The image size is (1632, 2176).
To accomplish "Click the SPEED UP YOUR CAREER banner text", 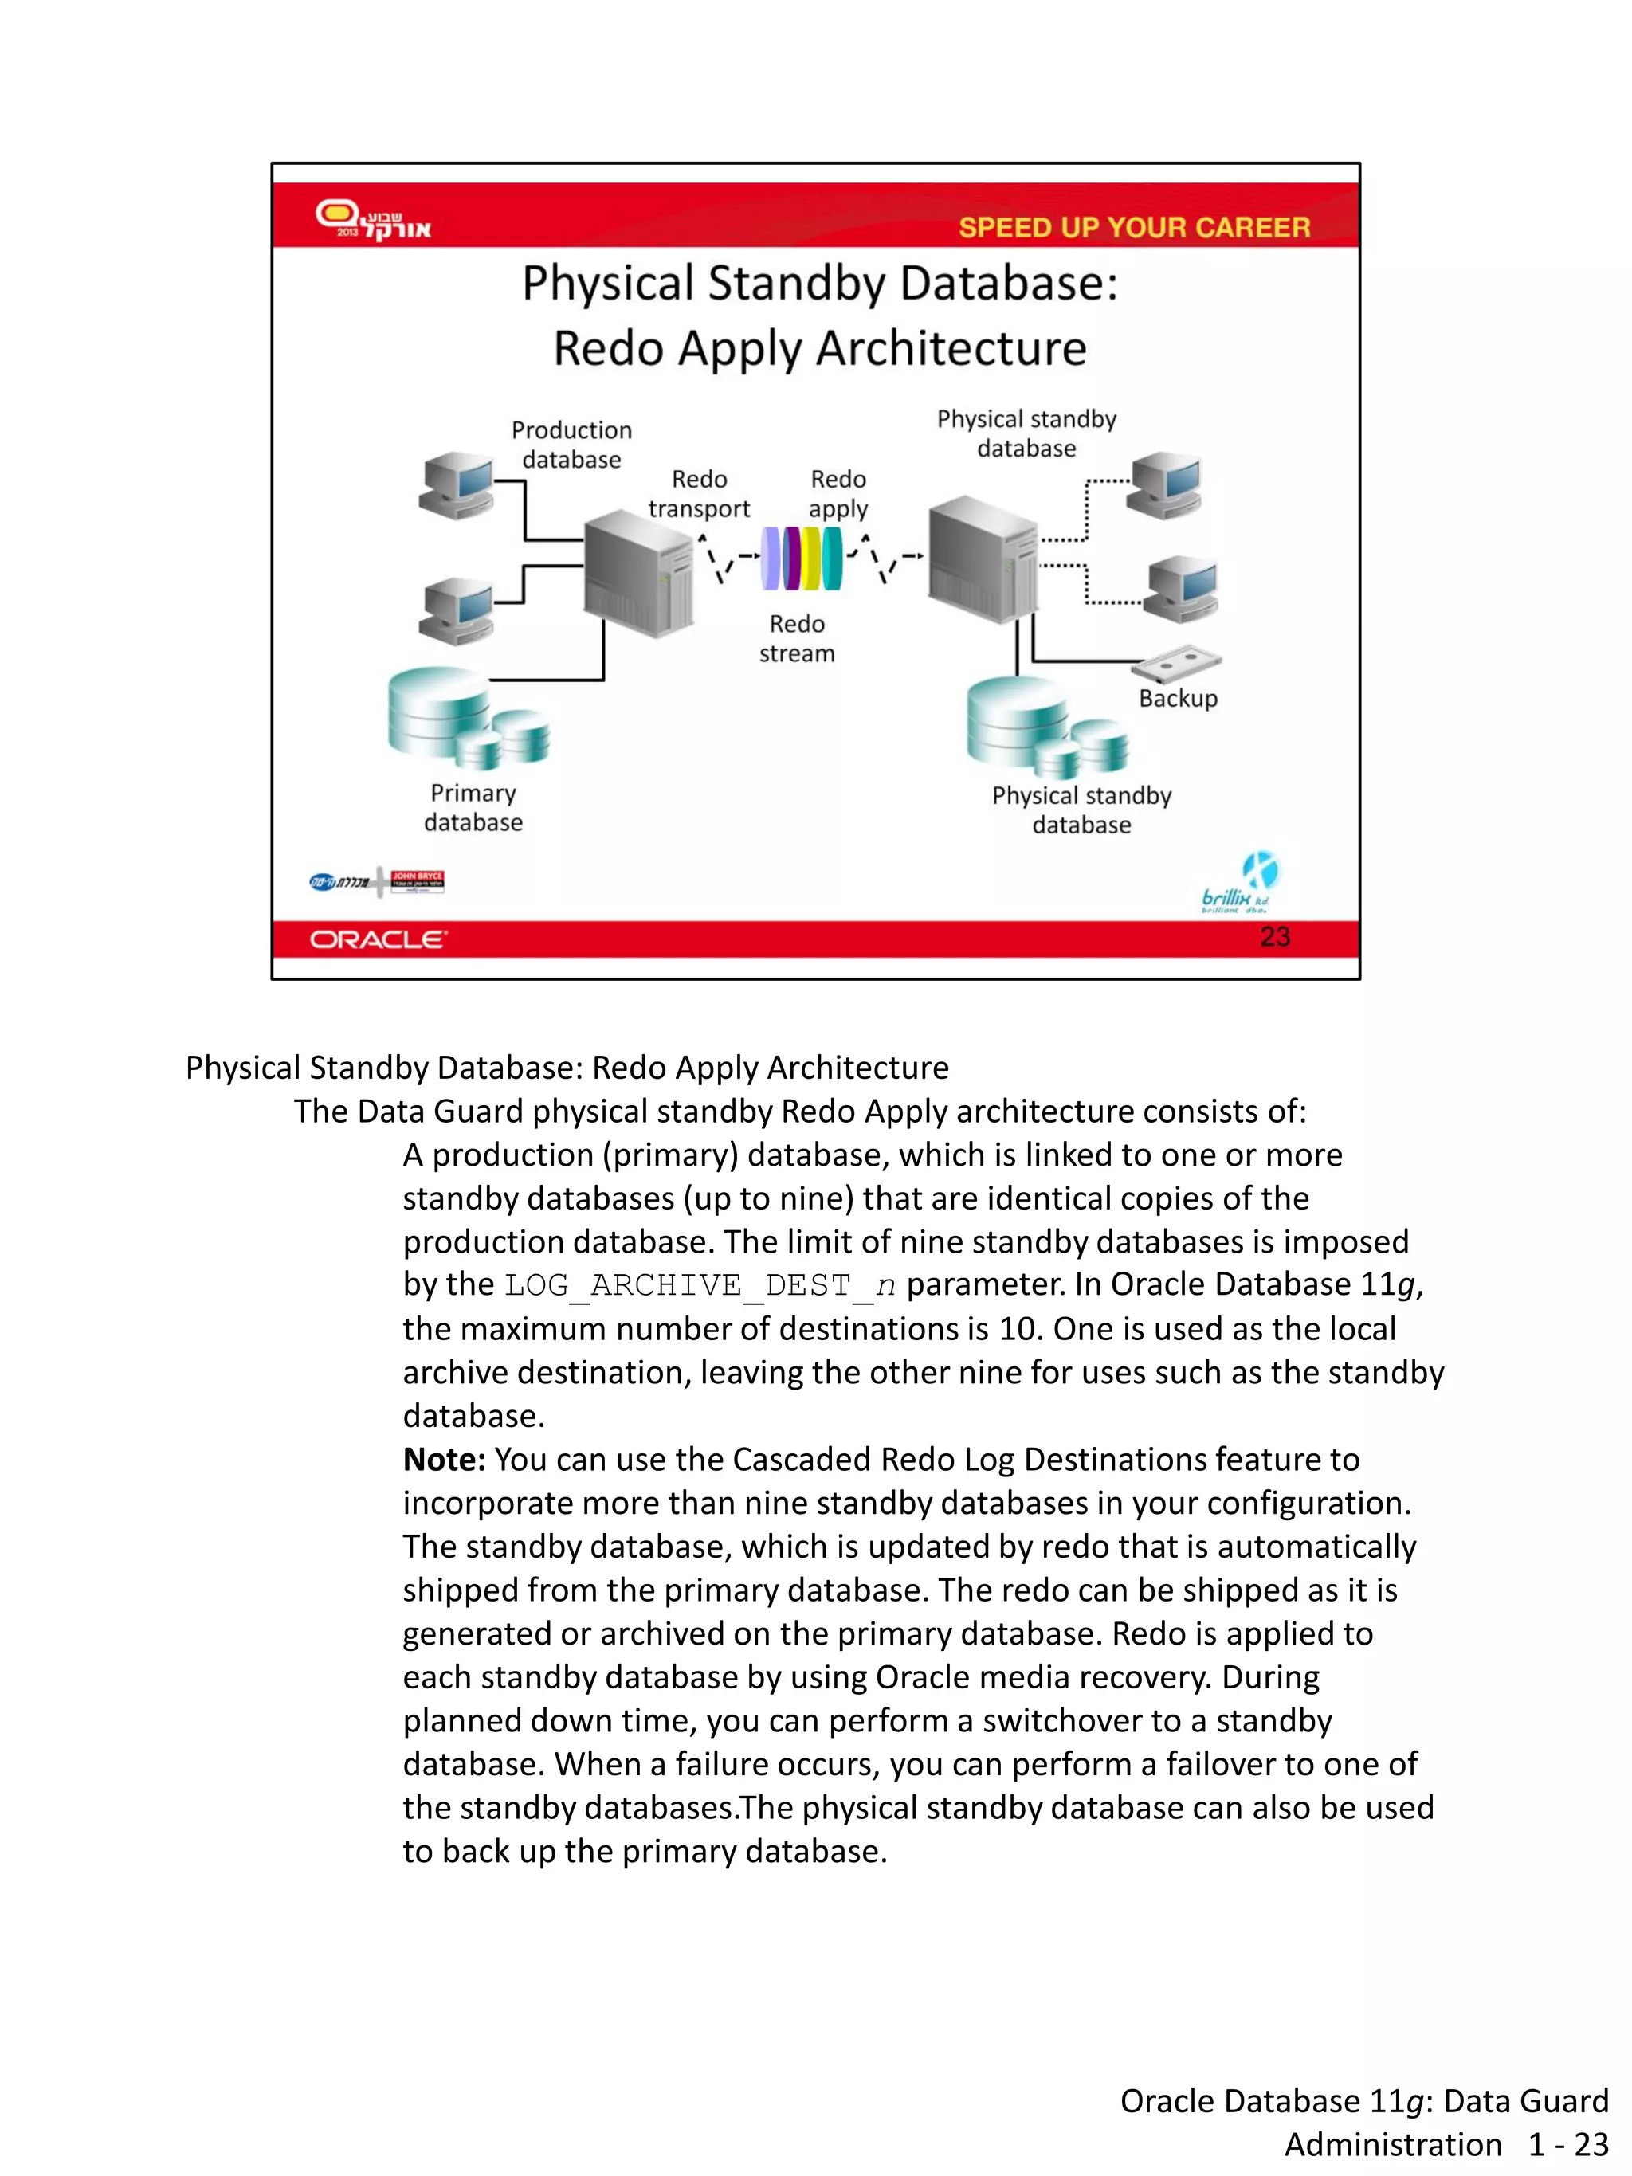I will click(1133, 227).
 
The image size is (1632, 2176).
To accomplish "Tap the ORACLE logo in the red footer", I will click(378, 939).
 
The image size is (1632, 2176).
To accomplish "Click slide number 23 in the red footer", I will click(1274, 936).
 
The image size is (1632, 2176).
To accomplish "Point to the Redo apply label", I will click(838, 494).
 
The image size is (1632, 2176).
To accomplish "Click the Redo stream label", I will click(797, 638).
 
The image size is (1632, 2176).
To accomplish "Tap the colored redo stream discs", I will click(802, 558).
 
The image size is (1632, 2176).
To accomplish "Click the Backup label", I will click(1178, 699).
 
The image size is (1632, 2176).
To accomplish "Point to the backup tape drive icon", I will click(1175, 663).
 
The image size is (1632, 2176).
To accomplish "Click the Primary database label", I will click(473, 808).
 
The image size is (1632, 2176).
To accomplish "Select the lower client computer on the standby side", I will click(1180, 588).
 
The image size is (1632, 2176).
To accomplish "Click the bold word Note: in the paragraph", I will click(444, 1459).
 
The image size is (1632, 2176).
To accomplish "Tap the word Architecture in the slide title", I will click(951, 348).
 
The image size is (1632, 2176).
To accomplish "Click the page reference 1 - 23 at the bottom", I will click(1567, 2143).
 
